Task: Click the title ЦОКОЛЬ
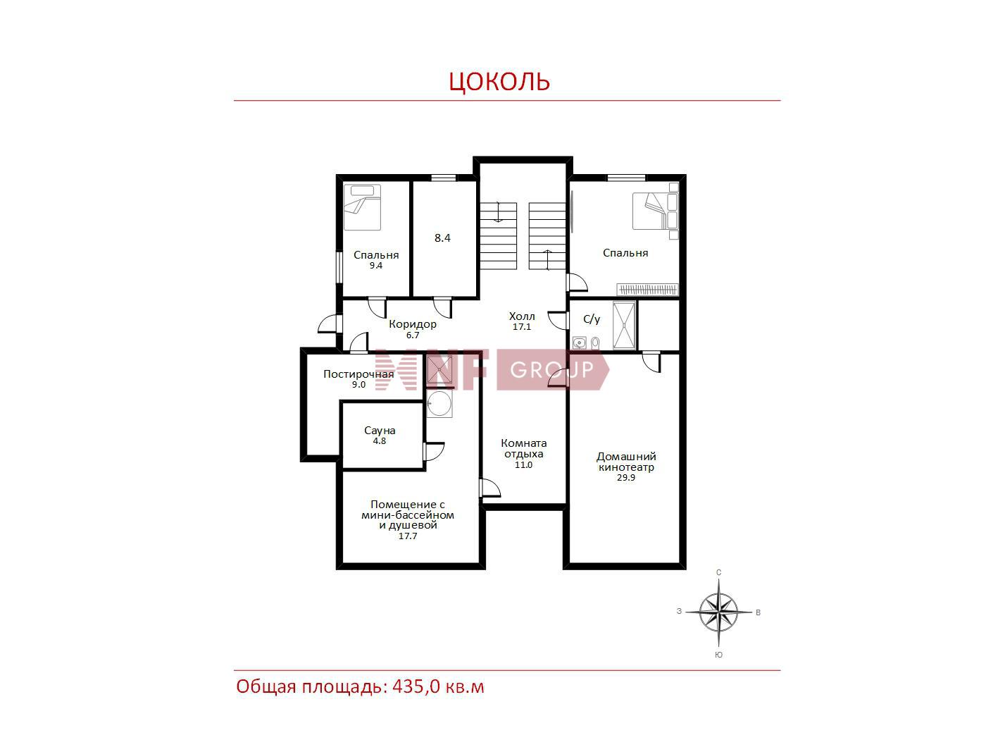coord(499,82)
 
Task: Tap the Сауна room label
coord(380,431)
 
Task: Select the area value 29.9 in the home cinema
coord(625,478)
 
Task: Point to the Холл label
coord(522,316)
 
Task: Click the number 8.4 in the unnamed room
coord(442,238)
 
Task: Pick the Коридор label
coord(413,324)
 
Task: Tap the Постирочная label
coord(358,374)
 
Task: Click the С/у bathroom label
coord(592,319)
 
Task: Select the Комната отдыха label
coord(524,448)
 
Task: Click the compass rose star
coord(718,612)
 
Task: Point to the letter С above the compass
coord(719,572)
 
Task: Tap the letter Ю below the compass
coord(719,655)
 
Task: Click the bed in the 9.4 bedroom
coord(362,208)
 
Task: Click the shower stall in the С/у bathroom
coord(625,326)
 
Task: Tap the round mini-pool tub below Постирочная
coord(439,403)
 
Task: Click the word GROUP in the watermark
coord(551,370)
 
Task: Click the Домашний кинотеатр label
coord(626,462)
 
